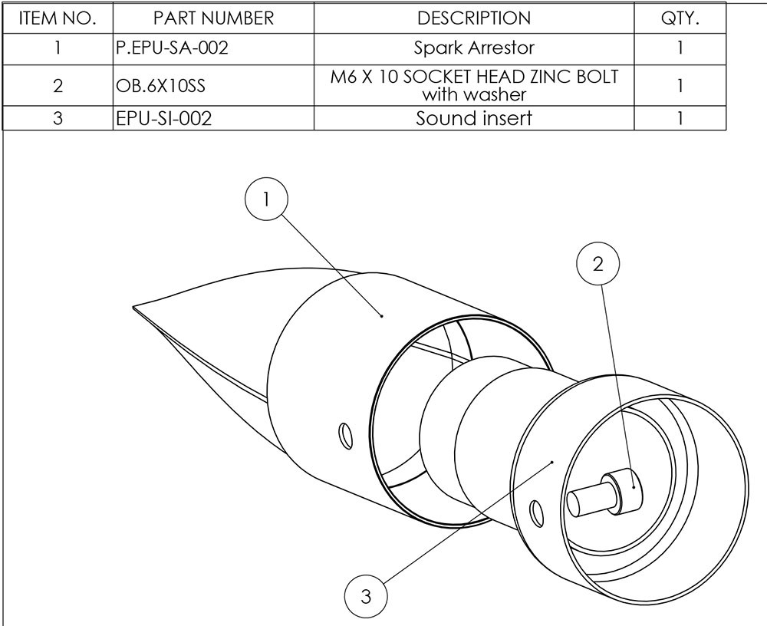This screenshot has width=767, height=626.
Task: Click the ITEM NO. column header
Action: point(57,18)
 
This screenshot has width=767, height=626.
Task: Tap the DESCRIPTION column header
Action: point(473,18)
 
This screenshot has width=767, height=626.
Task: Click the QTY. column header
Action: point(680,18)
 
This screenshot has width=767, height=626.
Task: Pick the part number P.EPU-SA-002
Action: point(172,48)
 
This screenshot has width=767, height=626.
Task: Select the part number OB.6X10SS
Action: point(160,85)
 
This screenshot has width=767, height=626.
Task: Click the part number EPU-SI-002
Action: point(163,119)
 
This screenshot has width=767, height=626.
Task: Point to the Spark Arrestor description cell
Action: point(473,48)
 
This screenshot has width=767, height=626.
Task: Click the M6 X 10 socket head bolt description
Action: point(473,85)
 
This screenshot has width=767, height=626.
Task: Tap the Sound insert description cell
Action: point(473,119)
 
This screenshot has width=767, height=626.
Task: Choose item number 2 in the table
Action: point(57,85)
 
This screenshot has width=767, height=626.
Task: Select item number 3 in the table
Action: point(57,119)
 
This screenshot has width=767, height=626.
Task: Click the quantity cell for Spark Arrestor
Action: point(680,48)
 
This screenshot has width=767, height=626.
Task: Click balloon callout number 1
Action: point(265,199)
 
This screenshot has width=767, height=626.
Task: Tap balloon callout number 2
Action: point(598,264)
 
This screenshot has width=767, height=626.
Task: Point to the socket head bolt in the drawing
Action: point(606,495)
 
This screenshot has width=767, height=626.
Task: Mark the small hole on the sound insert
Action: point(536,510)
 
